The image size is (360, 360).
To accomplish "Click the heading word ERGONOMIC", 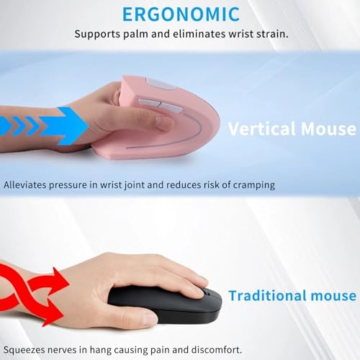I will pos(179,15).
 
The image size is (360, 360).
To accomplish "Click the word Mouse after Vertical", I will pos(330,129).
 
